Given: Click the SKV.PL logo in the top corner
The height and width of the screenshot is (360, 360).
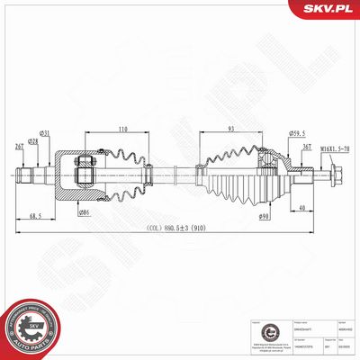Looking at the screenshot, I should tap(328, 10).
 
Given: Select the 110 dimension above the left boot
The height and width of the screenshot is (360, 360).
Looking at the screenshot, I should tap(121, 128).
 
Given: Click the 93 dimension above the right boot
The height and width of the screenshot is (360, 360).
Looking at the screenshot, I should tap(232, 128).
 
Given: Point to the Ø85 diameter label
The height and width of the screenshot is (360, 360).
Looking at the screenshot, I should tap(84, 211).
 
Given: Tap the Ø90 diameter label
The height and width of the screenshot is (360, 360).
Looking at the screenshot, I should tap(265, 215).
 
